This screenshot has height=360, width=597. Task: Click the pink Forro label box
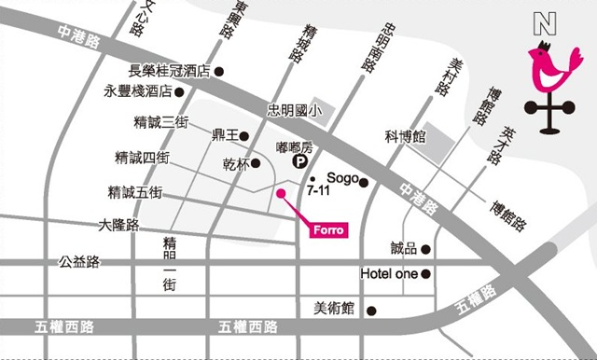point(326,229)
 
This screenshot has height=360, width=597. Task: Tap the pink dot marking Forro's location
point(280,193)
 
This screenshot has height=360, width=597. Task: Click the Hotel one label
point(388,274)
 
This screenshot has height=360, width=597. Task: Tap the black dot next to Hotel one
point(426,274)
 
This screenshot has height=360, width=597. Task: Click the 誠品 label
point(403,249)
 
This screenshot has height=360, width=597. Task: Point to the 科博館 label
point(406,137)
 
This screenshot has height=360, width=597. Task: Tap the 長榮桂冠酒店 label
point(170,71)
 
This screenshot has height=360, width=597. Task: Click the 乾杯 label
point(235,164)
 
